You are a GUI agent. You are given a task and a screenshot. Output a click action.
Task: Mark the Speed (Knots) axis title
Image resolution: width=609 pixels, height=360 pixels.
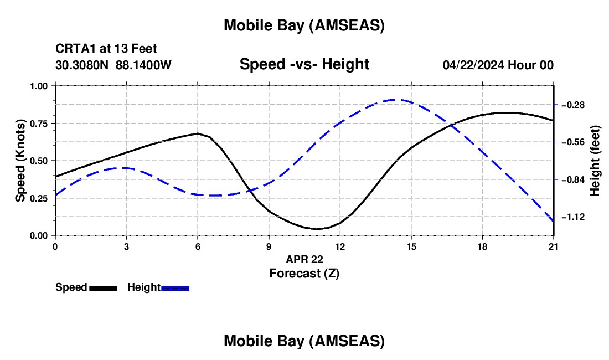(x=20, y=161)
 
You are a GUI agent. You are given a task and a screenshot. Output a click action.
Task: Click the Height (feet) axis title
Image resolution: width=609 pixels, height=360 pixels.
(x=596, y=161)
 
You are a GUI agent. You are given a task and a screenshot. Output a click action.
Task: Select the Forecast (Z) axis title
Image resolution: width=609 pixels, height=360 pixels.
(x=304, y=273)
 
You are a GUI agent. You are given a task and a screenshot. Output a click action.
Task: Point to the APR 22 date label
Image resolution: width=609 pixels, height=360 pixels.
(x=304, y=259)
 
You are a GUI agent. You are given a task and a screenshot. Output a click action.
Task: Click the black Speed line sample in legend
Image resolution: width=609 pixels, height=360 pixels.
(x=103, y=288)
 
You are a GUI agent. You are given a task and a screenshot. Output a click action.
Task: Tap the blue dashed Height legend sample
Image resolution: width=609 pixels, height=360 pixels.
(x=175, y=288)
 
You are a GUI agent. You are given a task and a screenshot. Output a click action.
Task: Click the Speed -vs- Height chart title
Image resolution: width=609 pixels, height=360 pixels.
(x=304, y=65)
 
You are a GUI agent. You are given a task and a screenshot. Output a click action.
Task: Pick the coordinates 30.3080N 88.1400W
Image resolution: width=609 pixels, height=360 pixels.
(x=113, y=65)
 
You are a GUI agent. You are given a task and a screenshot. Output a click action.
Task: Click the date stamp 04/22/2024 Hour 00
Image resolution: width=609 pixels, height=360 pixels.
(x=498, y=65)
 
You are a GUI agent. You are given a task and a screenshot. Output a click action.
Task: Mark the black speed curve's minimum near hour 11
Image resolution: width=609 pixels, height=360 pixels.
(x=316, y=229)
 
